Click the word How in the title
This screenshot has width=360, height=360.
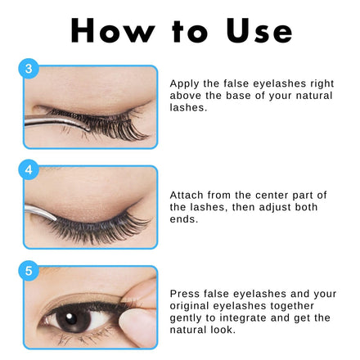112,30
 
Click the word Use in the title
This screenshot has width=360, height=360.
259,30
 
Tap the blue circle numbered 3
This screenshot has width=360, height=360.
29,69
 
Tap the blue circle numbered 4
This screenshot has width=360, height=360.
29,169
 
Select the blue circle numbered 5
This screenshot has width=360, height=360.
29,271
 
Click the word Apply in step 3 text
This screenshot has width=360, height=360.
185,83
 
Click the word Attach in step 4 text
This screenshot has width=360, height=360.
187,196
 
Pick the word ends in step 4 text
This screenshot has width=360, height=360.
183,219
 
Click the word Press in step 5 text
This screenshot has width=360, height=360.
184,294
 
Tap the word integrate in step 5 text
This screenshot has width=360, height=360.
239,318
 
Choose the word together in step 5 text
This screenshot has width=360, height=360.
292,306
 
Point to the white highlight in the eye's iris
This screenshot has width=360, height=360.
69,317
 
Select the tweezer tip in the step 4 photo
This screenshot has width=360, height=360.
55,218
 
